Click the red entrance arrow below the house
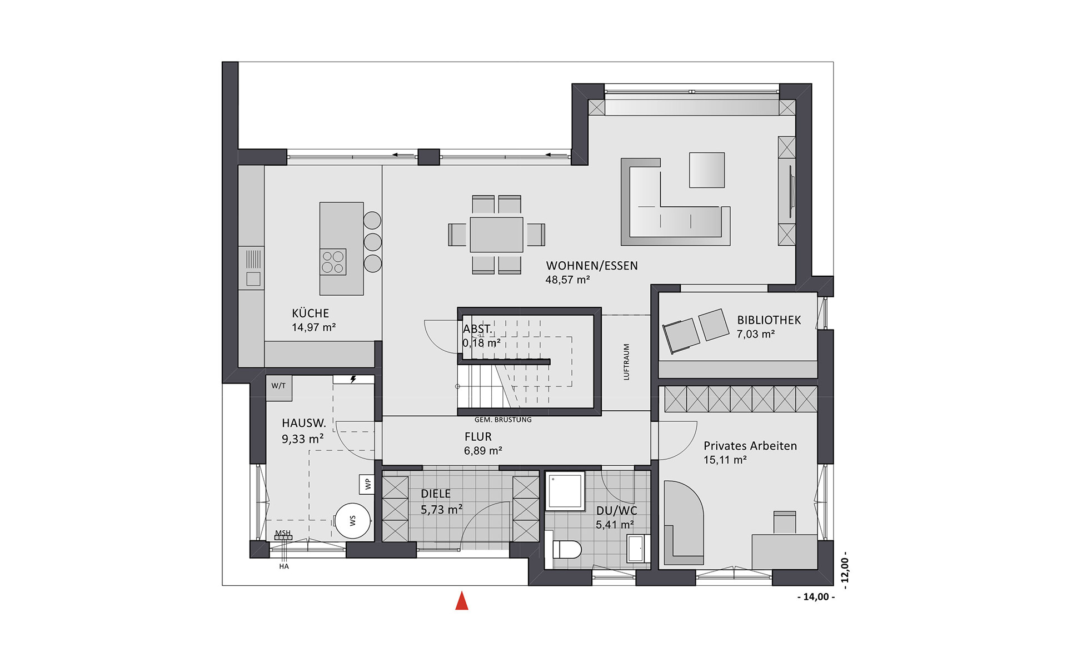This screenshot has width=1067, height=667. tap(462, 601)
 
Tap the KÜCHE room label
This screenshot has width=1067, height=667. tap(311, 313)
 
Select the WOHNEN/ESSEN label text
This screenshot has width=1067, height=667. tap(592, 266)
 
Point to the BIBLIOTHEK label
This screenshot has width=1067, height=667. tap(769, 320)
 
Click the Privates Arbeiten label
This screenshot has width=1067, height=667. tap(750, 446)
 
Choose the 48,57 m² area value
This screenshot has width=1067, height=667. tap(567, 280)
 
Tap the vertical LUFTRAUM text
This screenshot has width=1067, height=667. tap(627, 362)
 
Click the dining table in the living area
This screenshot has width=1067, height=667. tap(496, 235)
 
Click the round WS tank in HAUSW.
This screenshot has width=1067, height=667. tap(353, 521)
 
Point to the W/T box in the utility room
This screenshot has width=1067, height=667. tap(278, 386)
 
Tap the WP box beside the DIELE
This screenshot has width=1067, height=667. tap(367, 484)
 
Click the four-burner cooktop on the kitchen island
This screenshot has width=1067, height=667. tap(333, 262)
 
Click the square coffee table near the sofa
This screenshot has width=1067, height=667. tap(707, 170)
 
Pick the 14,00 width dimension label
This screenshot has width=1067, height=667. tap(816, 597)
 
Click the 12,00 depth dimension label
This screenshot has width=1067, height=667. tap(845, 570)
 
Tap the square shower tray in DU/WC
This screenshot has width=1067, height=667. tap(565, 491)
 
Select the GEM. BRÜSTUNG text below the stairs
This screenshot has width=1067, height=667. tap(503, 420)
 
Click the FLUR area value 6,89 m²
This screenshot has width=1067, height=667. tap(483, 451)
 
